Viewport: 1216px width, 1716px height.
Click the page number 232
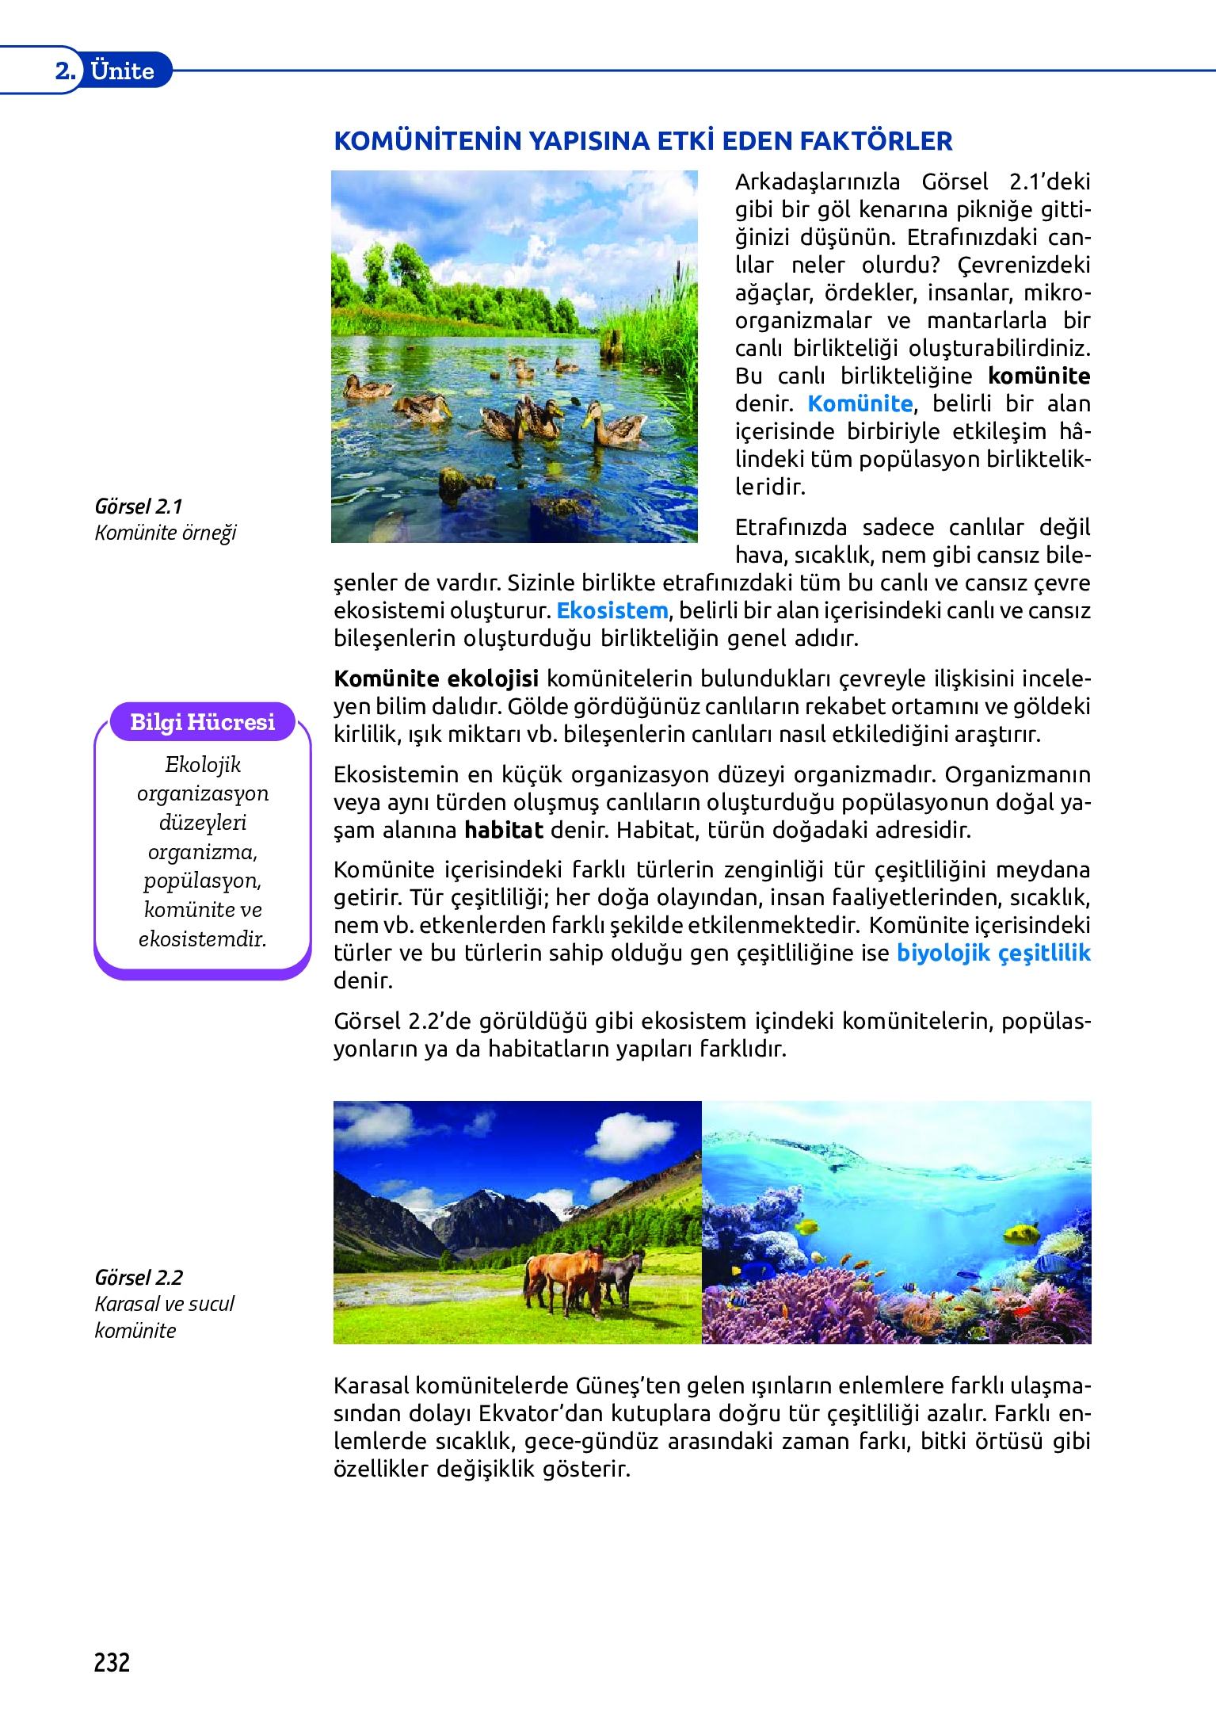[112, 1662]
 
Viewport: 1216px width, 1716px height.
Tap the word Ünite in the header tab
[122, 71]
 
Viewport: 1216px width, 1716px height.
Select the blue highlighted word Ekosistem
[612, 610]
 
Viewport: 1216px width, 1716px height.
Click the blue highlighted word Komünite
[860, 403]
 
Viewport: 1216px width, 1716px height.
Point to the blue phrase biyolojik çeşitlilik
[993, 953]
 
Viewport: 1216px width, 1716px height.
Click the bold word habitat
[504, 830]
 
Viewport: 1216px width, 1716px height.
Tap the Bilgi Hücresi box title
[203, 722]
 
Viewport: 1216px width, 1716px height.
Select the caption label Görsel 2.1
[139, 506]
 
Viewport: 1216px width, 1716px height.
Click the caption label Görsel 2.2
[139, 1278]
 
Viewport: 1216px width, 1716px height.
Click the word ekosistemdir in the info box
[203, 939]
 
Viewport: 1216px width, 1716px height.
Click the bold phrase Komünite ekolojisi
[436, 678]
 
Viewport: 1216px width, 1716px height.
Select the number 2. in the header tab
[65, 71]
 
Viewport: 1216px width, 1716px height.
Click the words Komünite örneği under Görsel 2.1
[166, 533]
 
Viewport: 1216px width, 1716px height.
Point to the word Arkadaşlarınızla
[817, 182]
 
